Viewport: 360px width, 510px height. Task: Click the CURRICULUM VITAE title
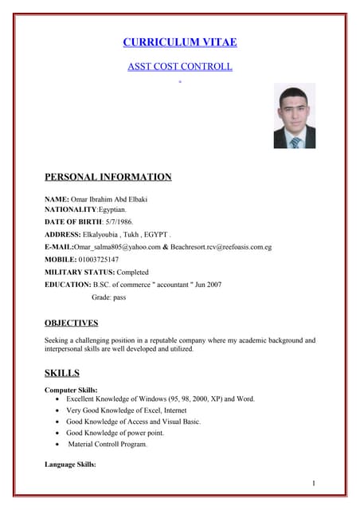pyautogui.click(x=180, y=42)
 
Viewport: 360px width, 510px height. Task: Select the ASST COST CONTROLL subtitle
pyautogui.click(x=180, y=66)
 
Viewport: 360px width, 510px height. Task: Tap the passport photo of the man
pyautogui.click(x=294, y=116)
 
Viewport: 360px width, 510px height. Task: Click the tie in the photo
pyautogui.click(x=295, y=143)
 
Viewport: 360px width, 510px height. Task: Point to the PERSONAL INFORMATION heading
pyautogui.click(x=108, y=177)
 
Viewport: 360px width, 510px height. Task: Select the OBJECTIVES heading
pyautogui.click(x=72, y=323)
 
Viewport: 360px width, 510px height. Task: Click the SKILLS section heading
pyautogui.click(x=61, y=372)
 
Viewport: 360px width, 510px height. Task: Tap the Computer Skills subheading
pyautogui.click(x=72, y=390)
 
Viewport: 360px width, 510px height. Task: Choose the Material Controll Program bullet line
pyautogui.click(x=108, y=444)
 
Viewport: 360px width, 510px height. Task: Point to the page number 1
pyautogui.click(x=315, y=484)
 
